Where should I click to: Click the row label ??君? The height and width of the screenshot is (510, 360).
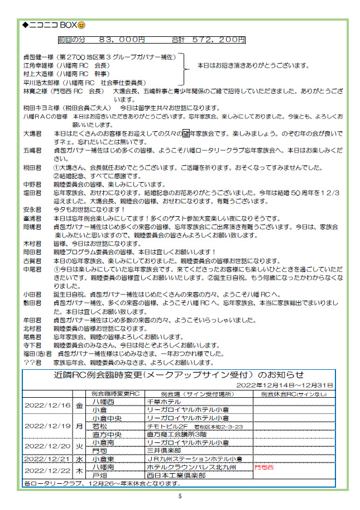click(32, 362)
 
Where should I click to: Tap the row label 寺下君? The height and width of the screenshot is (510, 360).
click(32, 346)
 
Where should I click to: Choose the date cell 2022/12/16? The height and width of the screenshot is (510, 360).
click(47, 405)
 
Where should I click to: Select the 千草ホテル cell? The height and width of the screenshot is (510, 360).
click(163, 401)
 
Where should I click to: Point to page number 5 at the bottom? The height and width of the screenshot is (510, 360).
click(180, 495)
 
